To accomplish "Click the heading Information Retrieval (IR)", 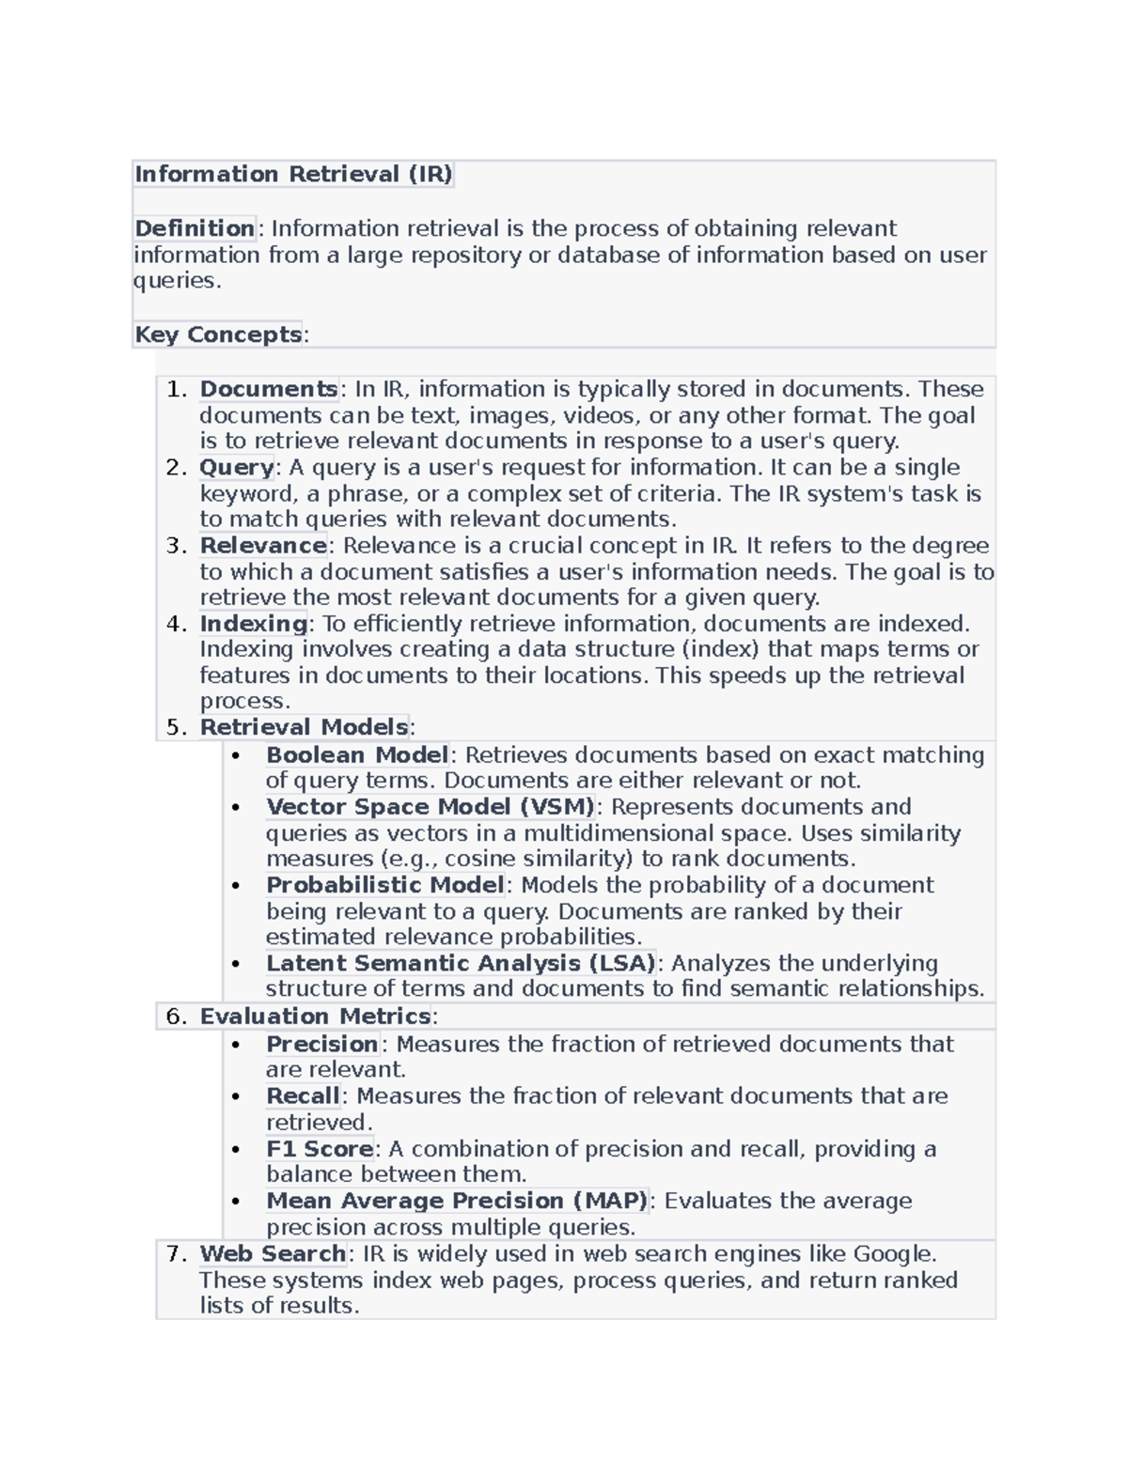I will pos(293,175).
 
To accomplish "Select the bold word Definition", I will pos(195,228).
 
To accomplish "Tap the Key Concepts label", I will pos(218,334).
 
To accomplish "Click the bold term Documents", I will pos(269,389).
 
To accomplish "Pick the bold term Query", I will pos(237,467).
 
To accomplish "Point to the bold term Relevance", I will pos(263,546).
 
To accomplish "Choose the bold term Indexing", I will pos(254,624).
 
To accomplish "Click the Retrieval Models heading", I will pos(304,727).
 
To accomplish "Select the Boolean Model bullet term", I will pos(357,755).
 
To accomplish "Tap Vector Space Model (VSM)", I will pos(431,807).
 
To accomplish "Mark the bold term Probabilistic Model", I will pos(385,885).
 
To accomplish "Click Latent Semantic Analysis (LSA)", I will pos(461,963).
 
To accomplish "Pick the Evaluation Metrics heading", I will pos(315,1017).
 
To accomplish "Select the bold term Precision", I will pos(321,1044).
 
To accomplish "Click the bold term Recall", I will pos(303,1096).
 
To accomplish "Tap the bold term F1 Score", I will pos(320,1149).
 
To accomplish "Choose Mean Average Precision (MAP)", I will pos(457,1201).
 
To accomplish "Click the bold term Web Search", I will pos(273,1254).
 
